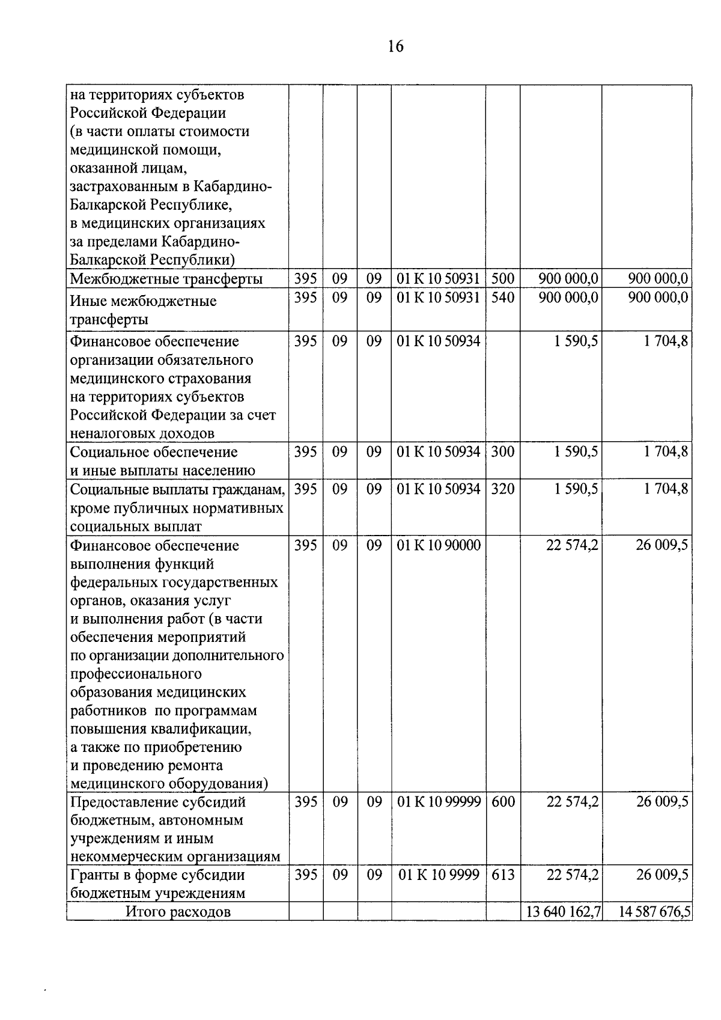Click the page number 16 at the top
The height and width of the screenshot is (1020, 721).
tap(396, 46)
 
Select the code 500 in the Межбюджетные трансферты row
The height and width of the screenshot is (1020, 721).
tap(503, 279)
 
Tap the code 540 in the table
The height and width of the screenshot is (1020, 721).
tap(503, 298)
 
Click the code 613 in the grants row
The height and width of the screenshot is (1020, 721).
tap(503, 875)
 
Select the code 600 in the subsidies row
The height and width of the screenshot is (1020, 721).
tap(503, 802)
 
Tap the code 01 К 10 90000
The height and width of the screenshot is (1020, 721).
tap(439, 545)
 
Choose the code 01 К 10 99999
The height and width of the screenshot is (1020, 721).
tap(439, 802)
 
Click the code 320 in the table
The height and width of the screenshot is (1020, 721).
tap(503, 489)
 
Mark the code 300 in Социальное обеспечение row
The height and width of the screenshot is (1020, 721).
tap(503, 452)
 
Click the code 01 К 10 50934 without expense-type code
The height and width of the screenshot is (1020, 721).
tap(439, 341)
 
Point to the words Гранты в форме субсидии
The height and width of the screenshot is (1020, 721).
tap(157, 875)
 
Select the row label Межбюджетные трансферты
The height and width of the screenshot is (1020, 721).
tap(166, 279)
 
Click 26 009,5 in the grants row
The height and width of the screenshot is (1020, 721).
tap(662, 875)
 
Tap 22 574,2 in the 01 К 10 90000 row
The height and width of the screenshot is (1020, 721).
tap(572, 545)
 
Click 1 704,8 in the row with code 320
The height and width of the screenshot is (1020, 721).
tap(666, 489)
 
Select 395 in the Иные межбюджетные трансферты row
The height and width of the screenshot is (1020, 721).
tap(305, 298)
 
